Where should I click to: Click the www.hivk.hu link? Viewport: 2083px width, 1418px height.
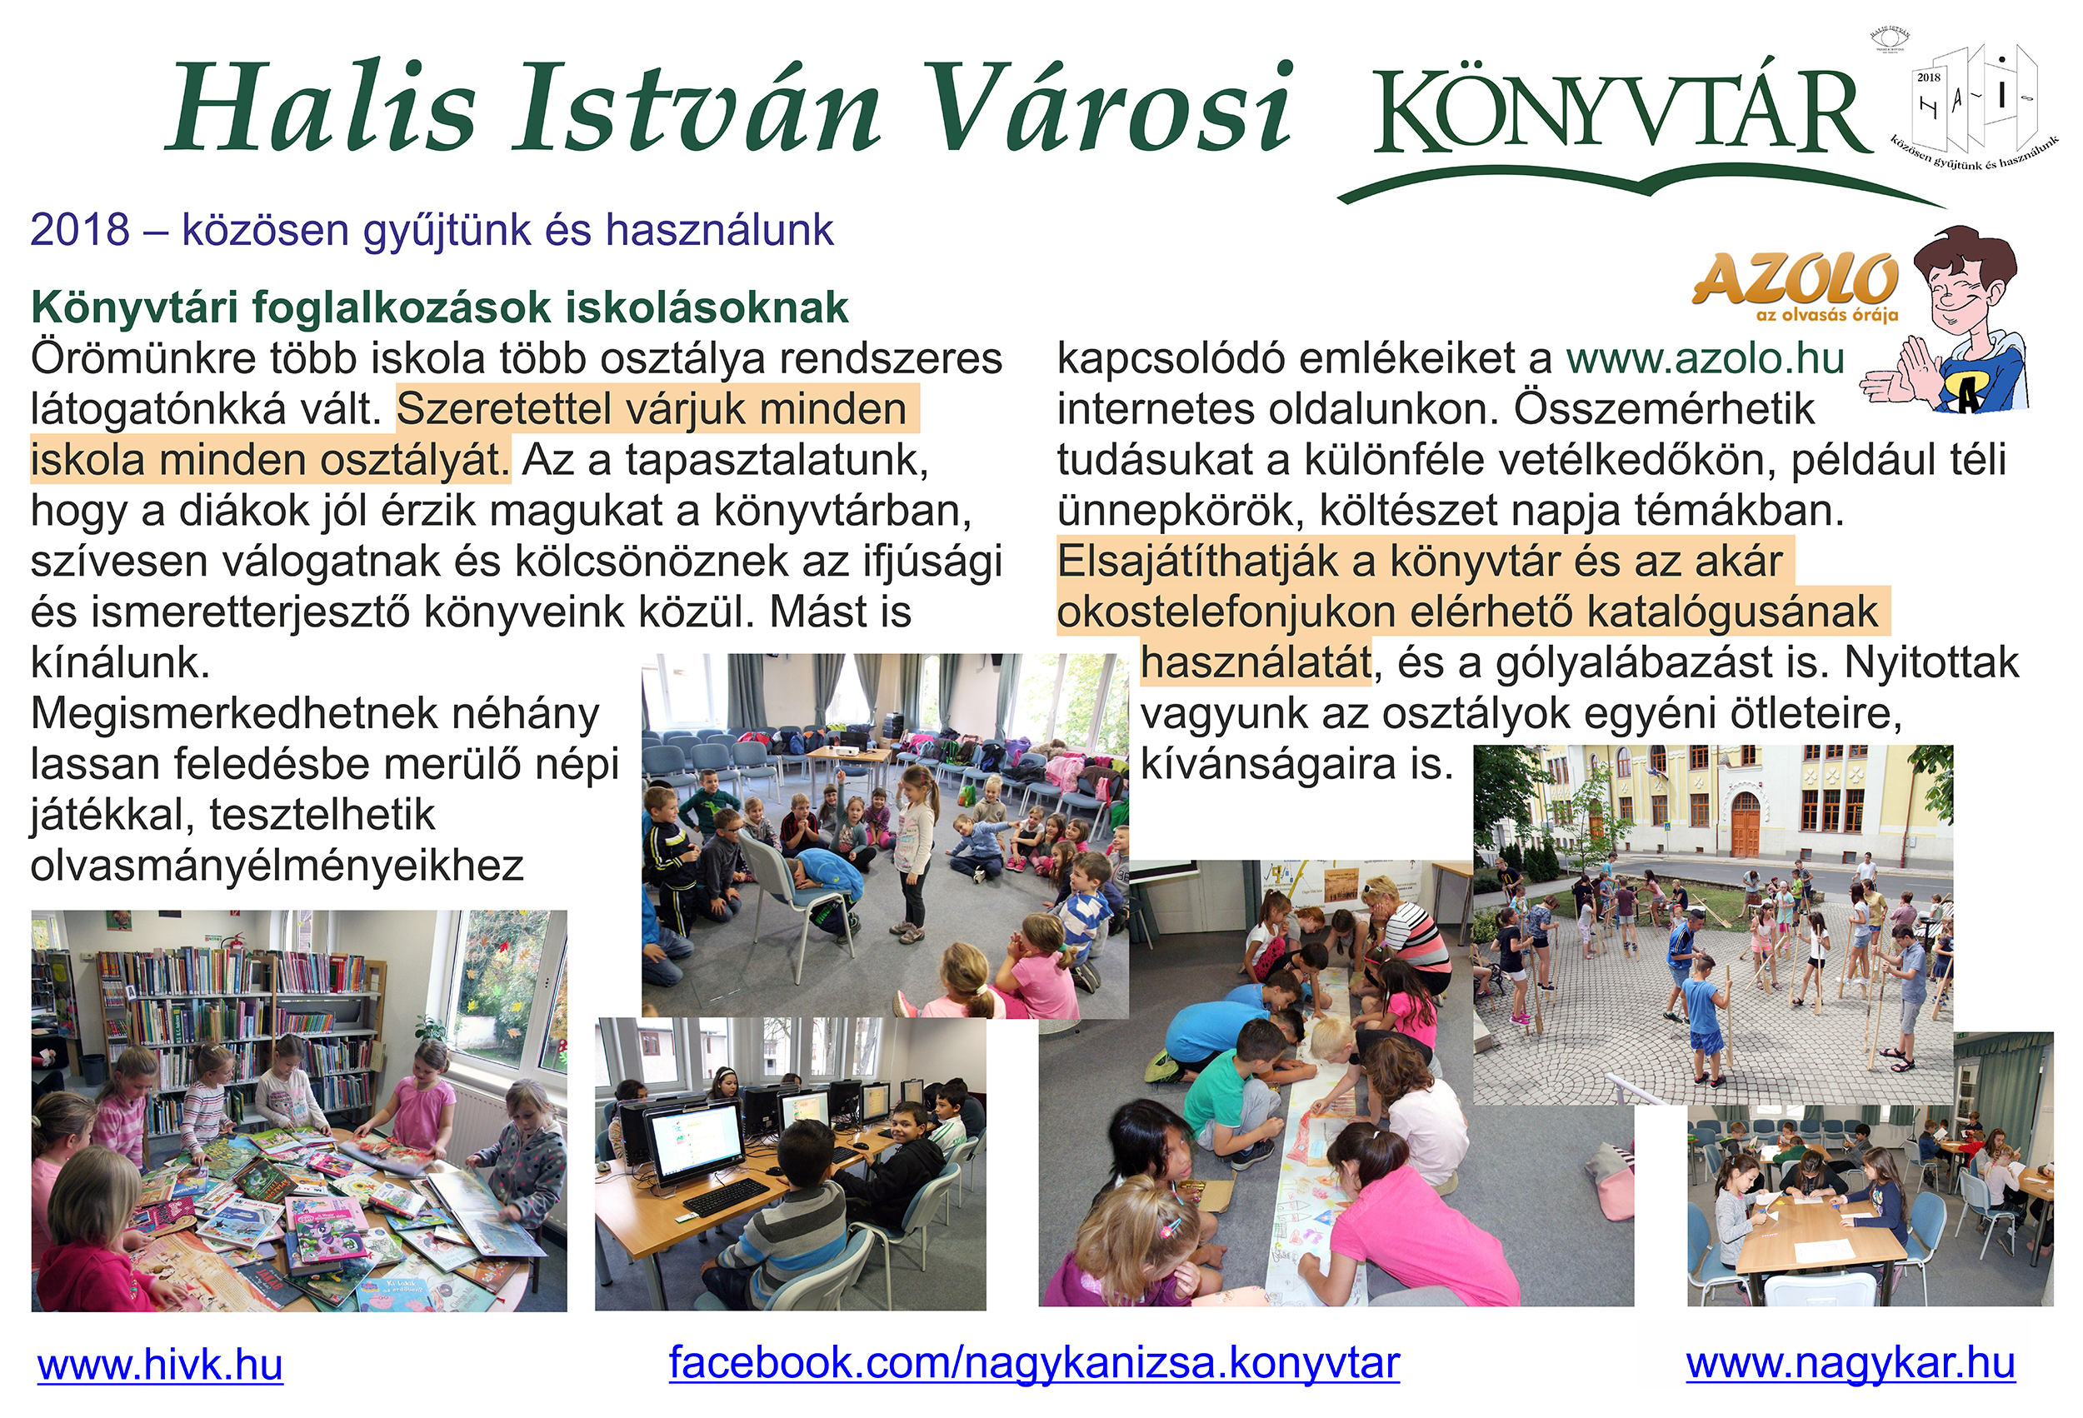pos(161,1366)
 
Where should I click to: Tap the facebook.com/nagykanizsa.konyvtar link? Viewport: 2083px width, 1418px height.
pos(1034,1363)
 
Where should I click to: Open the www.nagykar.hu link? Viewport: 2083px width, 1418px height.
pos(1851,1363)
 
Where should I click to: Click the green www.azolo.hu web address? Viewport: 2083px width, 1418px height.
pos(1706,358)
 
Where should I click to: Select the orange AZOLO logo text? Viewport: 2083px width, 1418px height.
pos(1796,280)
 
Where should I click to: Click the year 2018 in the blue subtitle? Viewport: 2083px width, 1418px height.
pos(80,230)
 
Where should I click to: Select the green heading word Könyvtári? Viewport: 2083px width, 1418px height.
pos(134,307)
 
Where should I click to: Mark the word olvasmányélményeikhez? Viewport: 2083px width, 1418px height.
pos(277,866)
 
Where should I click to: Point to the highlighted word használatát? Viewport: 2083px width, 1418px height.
pos(1256,663)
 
